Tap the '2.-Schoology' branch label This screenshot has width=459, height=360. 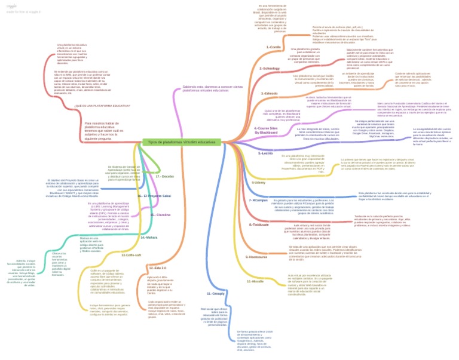tap(270, 69)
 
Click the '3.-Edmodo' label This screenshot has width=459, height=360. tap(270, 94)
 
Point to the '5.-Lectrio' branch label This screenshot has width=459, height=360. tap(265, 153)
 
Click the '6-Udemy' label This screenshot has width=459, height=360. tap(260, 182)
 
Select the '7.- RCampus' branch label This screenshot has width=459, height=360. tap(258, 200)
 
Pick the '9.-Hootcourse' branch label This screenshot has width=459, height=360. tap(256, 256)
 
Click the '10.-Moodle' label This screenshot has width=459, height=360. tap(255, 281)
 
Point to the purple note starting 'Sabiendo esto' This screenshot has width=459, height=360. tap(212, 88)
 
